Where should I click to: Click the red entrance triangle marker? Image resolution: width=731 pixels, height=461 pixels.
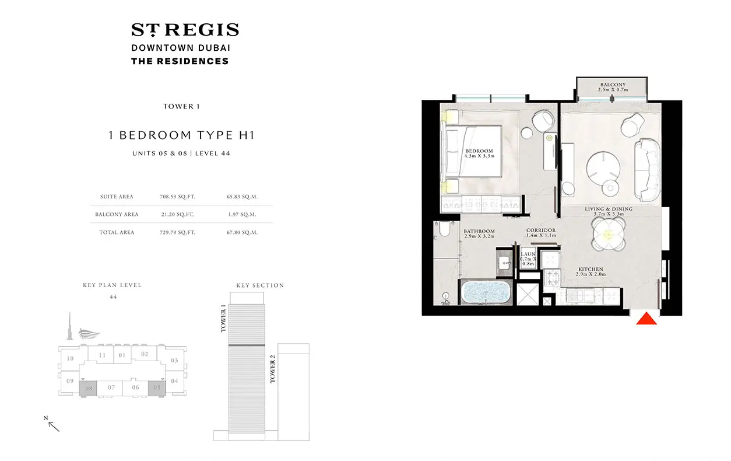click(646, 319)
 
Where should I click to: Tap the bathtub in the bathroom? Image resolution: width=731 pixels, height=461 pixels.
click(486, 292)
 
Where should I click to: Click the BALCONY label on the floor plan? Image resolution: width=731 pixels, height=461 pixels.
click(613, 85)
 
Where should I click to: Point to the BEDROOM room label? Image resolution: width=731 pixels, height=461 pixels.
click(479, 151)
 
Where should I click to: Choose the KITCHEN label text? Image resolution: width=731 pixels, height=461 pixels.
click(591, 269)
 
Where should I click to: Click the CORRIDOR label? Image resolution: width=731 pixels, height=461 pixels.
click(541, 230)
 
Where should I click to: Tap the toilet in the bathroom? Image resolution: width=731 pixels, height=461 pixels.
click(444, 229)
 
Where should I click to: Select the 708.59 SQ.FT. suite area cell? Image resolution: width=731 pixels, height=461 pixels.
click(177, 197)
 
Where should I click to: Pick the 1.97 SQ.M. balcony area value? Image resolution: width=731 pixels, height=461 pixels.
click(242, 215)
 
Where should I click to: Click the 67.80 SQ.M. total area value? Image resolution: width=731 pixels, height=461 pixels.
click(242, 233)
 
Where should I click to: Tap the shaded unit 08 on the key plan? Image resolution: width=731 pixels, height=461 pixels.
click(88, 389)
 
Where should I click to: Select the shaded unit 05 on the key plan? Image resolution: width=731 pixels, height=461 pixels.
click(157, 388)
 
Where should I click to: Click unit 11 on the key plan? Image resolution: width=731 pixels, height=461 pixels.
click(102, 355)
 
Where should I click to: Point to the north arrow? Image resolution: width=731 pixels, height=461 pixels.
click(54, 426)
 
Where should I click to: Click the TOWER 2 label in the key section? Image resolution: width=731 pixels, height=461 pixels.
click(273, 369)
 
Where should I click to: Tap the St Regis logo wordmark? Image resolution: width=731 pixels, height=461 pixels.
click(185, 30)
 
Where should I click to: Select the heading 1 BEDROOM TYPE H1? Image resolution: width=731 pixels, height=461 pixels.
click(181, 135)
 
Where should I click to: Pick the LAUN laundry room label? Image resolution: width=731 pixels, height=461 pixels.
click(528, 254)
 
